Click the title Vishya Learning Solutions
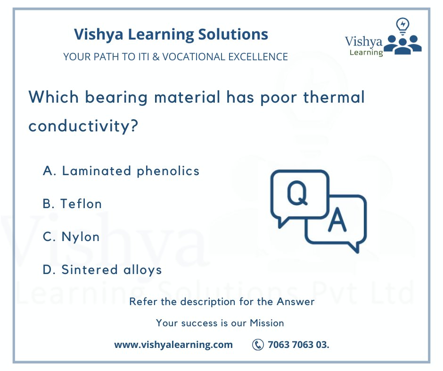171,34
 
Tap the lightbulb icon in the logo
403,25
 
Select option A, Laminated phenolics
121,171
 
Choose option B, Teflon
72,204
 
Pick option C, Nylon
71,237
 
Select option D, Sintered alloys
102,270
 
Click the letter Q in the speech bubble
297,194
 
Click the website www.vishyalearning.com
173,345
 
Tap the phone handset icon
258,345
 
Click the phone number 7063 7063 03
298,345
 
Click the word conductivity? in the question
83,126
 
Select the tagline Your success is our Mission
220,323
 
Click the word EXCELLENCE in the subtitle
258,57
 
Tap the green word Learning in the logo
366,53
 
